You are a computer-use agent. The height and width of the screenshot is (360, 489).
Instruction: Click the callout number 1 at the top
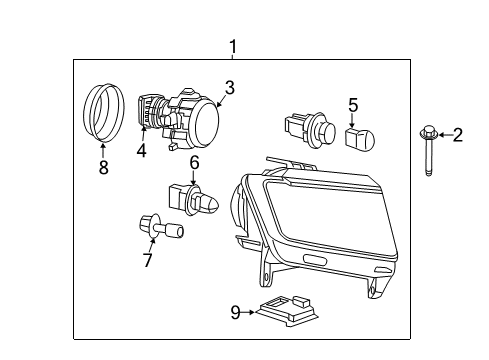[232, 46]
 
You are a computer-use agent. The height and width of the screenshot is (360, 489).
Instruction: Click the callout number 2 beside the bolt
[457, 135]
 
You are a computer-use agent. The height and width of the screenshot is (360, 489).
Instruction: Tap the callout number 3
[229, 87]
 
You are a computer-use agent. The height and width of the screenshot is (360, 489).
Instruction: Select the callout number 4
[141, 151]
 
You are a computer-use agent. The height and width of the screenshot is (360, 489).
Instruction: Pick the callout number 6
[194, 161]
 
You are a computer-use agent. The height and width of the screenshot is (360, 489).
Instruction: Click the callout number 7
[147, 260]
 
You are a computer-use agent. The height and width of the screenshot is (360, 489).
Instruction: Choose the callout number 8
[102, 168]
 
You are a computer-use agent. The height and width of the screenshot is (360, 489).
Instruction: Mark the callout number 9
[235, 312]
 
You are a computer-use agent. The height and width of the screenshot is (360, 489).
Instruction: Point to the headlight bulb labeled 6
[195, 200]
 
